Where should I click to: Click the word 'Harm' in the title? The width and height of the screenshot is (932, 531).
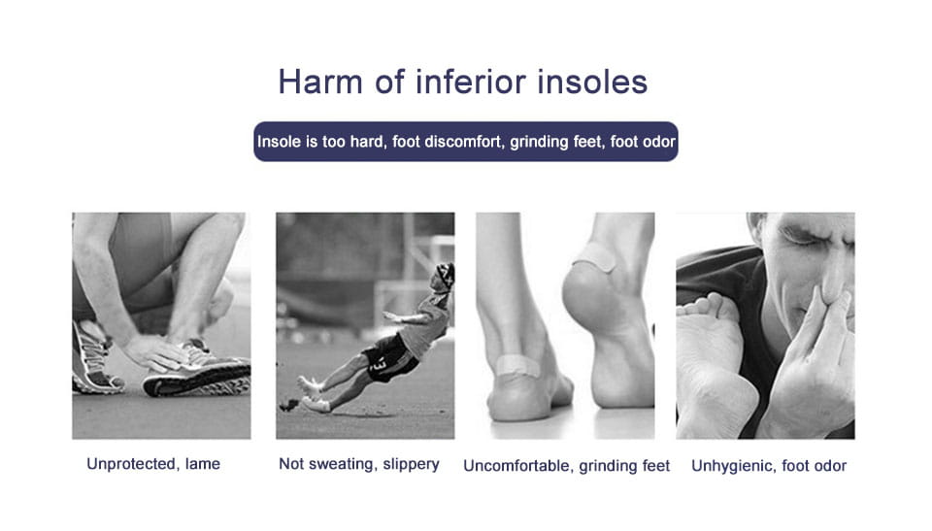click(x=320, y=83)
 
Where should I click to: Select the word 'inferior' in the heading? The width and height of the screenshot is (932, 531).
click(x=471, y=82)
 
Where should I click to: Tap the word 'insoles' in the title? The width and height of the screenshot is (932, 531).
click(x=592, y=82)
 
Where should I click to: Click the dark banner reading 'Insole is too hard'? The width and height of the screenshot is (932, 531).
click(x=466, y=142)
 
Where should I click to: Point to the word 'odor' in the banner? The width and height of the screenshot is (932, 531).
click(x=658, y=142)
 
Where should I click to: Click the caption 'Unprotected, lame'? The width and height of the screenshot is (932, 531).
click(x=153, y=464)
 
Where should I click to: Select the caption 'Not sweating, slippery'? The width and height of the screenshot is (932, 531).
click(x=359, y=464)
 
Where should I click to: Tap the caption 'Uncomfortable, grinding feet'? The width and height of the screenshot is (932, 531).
click(x=566, y=466)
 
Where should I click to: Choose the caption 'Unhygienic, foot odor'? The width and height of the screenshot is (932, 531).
click(x=769, y=466)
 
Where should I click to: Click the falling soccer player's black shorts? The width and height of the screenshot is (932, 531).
click(x=388, y=357)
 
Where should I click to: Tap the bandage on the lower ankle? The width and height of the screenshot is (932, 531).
click(x=516, y=365)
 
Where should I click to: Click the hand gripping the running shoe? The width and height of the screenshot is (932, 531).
click(x=154, y=354)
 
